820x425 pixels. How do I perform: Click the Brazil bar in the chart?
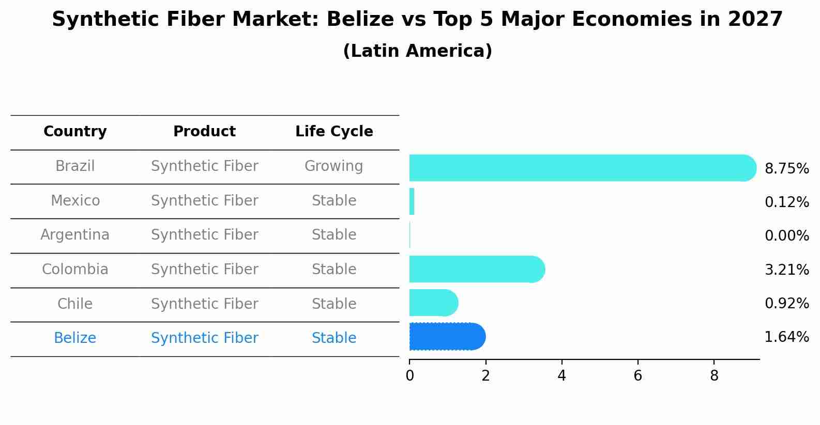coord(583,168)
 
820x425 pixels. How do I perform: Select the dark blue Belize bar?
coord(447,337)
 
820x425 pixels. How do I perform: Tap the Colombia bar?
coord(477,269)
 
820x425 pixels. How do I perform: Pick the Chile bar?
coord(434,303)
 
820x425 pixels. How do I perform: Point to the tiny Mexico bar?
coord(412,201)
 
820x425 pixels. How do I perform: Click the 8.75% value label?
coord(787,169)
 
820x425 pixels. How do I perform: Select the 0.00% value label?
coord(787,235)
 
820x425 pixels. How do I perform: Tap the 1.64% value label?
coord(787,337)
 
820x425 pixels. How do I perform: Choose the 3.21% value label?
coord(787,270)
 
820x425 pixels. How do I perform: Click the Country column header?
coord(75,131)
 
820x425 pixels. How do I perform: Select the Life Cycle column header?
coord(334,131)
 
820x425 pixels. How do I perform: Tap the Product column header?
coord(204,131)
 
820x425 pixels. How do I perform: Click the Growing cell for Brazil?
coord(334,166)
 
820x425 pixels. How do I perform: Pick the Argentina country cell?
coord(75,235)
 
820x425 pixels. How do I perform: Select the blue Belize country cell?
coord(75,338)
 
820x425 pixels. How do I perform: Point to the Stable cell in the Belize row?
coord(334,338)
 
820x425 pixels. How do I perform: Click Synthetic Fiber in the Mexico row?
coord(205,200)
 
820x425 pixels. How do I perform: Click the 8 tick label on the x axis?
coord(714,375)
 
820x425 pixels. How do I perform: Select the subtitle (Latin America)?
coord(418,51)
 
